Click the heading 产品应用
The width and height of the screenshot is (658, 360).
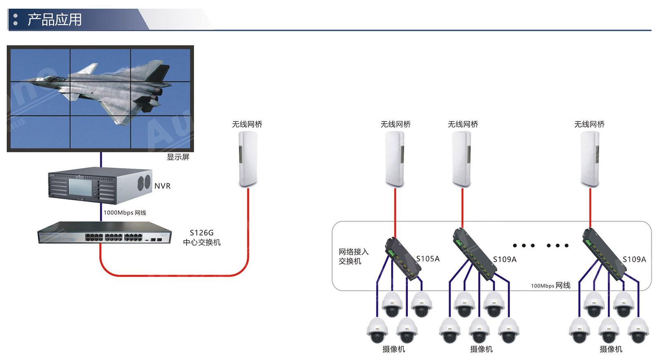[55, 20]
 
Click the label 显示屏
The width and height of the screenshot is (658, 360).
[178, 157]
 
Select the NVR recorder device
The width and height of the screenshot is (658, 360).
[99, 186]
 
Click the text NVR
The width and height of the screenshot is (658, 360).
[162, 186]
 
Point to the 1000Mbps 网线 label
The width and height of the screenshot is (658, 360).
[125, 212]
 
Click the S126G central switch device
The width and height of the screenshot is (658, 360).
[104, 233]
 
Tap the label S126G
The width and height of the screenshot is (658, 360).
[202, 233]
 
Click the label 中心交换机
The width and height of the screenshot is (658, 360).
[202, 242]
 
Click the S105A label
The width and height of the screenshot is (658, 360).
[428, 259]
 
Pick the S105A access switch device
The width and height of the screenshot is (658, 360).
[403, 259]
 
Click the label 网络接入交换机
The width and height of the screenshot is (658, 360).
[353, 256]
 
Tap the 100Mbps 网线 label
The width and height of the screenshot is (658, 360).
[550, 286]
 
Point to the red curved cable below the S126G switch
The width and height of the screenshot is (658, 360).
[173, 275]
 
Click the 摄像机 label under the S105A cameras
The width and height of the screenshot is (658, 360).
[394, 349]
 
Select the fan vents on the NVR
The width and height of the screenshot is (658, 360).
[144, 182]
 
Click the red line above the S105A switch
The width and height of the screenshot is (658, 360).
[395, 212]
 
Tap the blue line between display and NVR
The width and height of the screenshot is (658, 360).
[101, 159]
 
